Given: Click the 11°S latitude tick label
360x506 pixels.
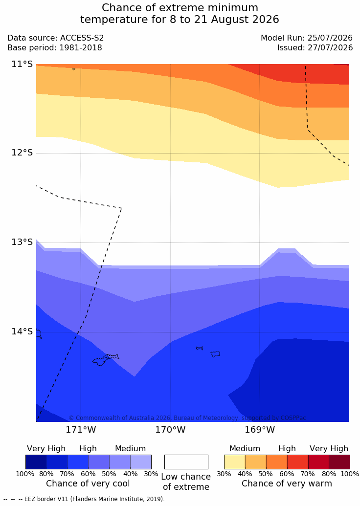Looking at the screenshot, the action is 22,64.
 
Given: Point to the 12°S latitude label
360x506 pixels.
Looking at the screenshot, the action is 22,153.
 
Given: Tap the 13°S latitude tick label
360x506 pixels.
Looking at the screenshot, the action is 22,242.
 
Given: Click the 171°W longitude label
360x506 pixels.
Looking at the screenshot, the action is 81,430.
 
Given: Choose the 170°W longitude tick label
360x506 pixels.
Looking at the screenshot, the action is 171,430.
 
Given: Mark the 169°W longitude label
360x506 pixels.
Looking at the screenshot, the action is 260,430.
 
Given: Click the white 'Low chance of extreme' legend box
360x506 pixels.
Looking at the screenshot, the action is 186,462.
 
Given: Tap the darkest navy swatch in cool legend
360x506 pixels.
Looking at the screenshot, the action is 36,462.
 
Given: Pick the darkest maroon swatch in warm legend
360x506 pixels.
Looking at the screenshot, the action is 339,462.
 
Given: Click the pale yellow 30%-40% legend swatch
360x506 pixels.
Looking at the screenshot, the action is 235,462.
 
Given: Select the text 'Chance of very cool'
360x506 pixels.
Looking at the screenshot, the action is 88,484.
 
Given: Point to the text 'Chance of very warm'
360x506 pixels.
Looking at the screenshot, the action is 287,484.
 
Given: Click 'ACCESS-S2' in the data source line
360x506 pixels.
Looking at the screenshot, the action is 82,38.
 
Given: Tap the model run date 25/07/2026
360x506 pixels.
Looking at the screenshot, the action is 330,38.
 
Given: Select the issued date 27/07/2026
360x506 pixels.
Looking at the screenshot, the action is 330,48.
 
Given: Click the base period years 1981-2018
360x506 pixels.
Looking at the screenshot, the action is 80,48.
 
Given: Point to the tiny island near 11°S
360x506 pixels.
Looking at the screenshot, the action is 74,69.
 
